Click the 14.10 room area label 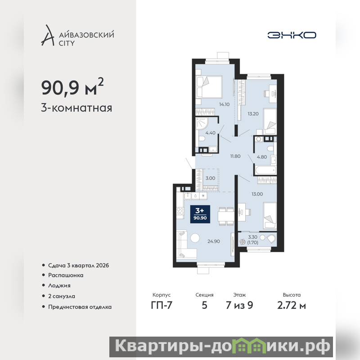[224, 104]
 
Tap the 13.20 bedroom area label [253, 114]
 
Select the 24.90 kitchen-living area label [213, 241]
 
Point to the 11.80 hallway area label [235, 156]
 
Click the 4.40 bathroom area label [210, 133]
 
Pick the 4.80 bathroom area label [262, 157]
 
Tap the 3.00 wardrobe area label [210, 178]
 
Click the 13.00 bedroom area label [257, 194]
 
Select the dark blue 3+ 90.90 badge [200, 214]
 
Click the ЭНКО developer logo [292, 35]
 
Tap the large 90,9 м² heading [72, 87]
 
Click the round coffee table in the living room [195, 238]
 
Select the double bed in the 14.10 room [209, 87]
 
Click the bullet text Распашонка [66, 275]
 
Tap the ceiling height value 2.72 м [292, 305]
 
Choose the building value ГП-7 [162, 305]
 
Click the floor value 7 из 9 [239, 305]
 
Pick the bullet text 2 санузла [62, 296]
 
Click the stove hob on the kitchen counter [180, 211]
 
